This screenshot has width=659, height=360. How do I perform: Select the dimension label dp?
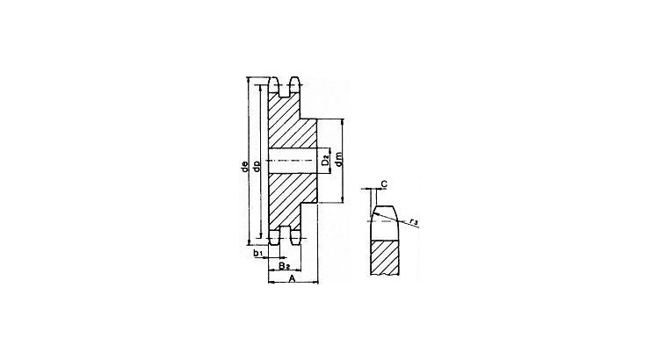pyautogui.click(x=256, y=166)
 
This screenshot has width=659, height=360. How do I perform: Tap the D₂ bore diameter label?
pyautogui.click(x=326, y=160)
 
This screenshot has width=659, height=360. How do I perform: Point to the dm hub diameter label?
pyautogui.click(x=339, y=159)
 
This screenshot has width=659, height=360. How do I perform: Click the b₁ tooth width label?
pyautogui.click(x=258, y=253)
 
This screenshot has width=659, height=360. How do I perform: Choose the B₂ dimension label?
pyautogui.click(x=284, y=265)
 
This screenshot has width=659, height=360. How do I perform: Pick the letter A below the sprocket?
pyautogui.click(x=293, y=277)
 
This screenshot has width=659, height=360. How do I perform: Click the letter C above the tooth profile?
pyautogui.click(x=384, y=184)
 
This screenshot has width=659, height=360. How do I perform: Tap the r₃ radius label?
pyautogui.click(x=414, y=221)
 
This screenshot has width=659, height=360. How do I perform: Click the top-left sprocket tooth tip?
pyautogui.click(x=273, y=78)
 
